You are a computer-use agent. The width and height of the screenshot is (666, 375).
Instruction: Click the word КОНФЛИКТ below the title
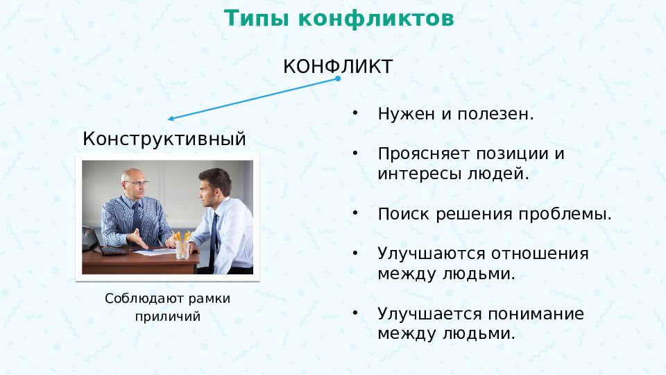[x=338, y=67]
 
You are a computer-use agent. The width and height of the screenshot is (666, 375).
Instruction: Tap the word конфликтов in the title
[x=376, y=18]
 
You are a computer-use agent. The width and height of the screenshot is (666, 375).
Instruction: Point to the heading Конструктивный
[x=164, y=139]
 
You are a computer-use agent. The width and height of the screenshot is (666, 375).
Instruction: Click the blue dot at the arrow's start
[x=338, y=78]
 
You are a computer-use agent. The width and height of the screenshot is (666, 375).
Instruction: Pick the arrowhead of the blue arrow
[x=171, y=119]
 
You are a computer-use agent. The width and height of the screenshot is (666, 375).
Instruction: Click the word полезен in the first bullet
[x=495, y=114]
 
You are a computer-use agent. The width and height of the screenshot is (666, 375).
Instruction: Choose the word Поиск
[x=404, y=213]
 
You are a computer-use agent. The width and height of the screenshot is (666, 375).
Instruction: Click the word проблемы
[x=565, y=214]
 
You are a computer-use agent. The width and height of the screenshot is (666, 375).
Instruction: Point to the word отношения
[x=540, y=254]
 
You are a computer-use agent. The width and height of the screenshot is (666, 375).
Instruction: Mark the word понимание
[x=536, y=314]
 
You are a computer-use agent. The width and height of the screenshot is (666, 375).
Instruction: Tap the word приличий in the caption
[x=168, y=317]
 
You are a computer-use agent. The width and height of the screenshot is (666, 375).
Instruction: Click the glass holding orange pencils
[x=182, y=249]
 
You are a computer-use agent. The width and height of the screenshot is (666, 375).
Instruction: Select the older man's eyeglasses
[x=137, y=183]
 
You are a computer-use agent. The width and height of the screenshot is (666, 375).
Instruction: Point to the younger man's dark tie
[x=213, y=242]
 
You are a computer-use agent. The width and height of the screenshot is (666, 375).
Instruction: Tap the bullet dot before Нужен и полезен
[x=355, y=112]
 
